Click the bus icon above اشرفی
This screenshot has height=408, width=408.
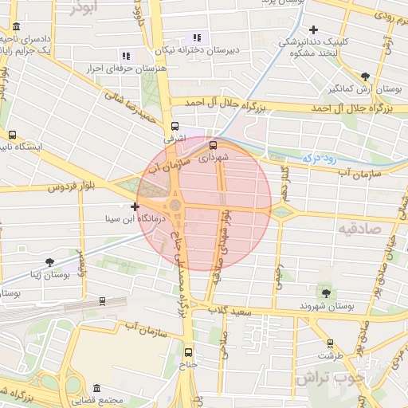[175, 125]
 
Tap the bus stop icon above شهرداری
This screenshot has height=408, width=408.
[213, 145]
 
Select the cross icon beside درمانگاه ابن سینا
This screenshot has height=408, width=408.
[135, 206]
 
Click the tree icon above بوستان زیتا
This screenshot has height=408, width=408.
[49, 261]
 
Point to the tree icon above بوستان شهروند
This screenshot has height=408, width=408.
[324, 292]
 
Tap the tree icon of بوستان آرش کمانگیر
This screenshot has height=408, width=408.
[365, 77]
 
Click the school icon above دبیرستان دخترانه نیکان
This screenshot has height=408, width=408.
[197, 37]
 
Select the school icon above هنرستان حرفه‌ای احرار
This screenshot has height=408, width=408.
[125, 56]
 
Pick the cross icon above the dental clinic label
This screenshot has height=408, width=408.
[313, 29]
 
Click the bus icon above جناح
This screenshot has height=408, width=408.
[188, 351]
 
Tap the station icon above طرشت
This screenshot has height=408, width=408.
[330, 343]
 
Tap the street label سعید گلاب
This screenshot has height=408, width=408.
[230, 311]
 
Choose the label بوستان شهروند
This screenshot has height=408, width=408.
[326, 306]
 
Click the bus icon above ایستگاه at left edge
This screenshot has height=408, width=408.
[12, 135]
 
